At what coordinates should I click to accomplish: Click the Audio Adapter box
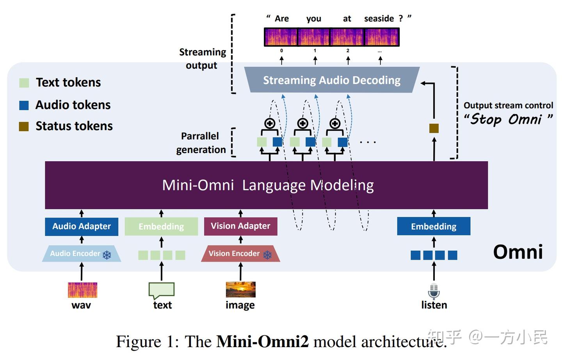[82, 226]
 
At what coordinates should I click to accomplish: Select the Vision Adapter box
[240, 226]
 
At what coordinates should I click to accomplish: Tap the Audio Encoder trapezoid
[81, 254]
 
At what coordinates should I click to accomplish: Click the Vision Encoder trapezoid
[240, 254]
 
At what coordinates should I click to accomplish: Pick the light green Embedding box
[161, 226]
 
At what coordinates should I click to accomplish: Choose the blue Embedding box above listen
[434, 226]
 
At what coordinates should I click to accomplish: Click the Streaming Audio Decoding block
[331, 80]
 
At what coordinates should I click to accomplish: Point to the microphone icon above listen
[434, 291]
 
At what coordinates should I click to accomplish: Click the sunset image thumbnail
[240, 289]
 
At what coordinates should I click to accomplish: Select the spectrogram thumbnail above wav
[82, 290]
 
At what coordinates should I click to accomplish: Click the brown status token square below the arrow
[434, 128]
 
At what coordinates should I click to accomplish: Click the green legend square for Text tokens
[24, 83]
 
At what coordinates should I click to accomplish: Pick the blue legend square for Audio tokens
[24, 105]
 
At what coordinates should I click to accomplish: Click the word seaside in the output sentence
[379, 19]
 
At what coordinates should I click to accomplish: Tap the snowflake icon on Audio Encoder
[107, 255]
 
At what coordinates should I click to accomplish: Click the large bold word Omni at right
[518, 252]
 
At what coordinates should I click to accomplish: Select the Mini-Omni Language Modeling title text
[268, 185]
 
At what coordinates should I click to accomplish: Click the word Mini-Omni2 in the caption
[262, 342]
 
